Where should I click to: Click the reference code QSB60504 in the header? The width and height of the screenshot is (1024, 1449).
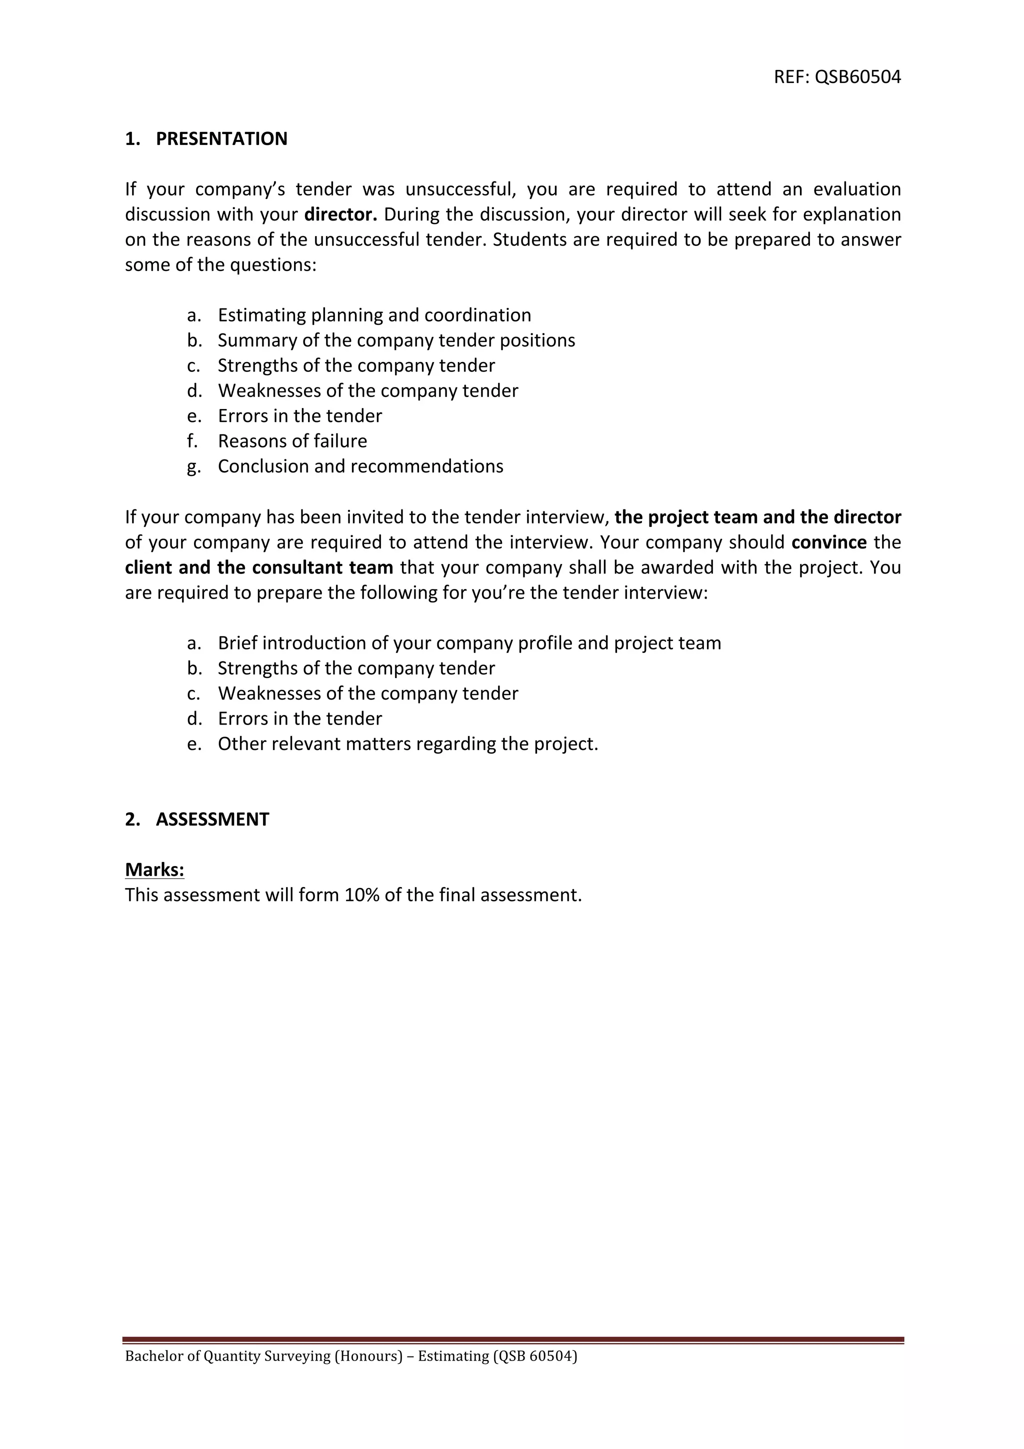(x=857, y=77)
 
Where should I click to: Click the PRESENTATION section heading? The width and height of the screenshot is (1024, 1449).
(x=221, y=139)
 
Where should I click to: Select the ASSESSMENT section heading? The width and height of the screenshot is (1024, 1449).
(x=212, y=819)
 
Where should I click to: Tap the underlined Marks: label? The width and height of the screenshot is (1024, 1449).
(x=154, y=869)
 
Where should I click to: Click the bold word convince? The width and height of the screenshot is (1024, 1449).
(x=828, y=542)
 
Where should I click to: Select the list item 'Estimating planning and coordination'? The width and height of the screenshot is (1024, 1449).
(x=374, y=315)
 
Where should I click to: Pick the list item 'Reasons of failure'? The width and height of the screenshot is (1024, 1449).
(x=292, y=440)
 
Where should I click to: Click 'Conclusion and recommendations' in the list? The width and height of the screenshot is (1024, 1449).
(x=360, y=466)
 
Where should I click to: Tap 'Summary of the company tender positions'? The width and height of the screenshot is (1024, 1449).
(x=396, y=340)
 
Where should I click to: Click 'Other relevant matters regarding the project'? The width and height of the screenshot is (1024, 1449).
(x=407, y=744)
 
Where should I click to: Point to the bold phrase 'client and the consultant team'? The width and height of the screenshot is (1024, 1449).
(x=258, y=567)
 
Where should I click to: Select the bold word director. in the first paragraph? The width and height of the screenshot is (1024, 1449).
(x=340, y=214)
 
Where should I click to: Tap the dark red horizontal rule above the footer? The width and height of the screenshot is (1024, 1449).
(x=512, y=1340)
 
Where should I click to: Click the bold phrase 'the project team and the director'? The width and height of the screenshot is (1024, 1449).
(x=757, y=517)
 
